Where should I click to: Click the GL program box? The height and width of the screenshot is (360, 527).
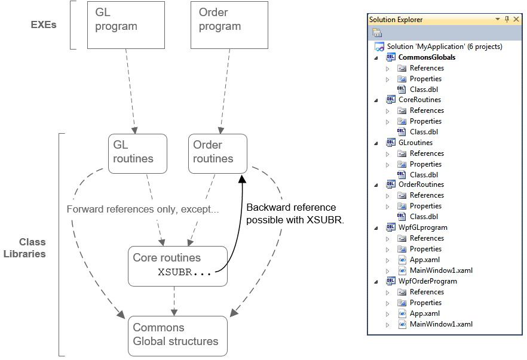pos(125,24)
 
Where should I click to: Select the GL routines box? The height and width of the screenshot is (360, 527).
pos(137,153)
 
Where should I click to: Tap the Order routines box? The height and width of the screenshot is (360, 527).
pos(217,153)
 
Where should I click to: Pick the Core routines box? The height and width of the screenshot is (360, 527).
pos(177,266)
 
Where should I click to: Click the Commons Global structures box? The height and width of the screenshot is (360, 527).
pos(177,336)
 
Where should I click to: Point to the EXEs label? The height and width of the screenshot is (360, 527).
pos(44,25)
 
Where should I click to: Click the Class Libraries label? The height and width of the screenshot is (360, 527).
pos(32,248)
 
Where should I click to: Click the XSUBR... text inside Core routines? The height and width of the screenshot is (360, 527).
pos(184,272)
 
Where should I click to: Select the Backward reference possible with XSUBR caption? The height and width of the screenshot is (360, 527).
pos(295,213)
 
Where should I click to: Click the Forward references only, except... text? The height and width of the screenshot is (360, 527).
pos(143,210)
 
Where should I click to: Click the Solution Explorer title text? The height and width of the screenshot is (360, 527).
pos(396,20)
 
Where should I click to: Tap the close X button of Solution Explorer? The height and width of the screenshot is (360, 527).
pos(517,20)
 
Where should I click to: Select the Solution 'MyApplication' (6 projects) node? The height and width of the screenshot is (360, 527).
pos(444,47)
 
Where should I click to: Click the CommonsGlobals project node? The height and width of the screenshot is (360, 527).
pos(427,57)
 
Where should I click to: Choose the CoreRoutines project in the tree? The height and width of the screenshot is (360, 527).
pos(419,100)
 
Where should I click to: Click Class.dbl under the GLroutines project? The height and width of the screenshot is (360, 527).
pos(424,175)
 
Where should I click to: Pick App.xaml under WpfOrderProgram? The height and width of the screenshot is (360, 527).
pos(424,313)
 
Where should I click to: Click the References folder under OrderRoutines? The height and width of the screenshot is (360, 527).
pos(427,195)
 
